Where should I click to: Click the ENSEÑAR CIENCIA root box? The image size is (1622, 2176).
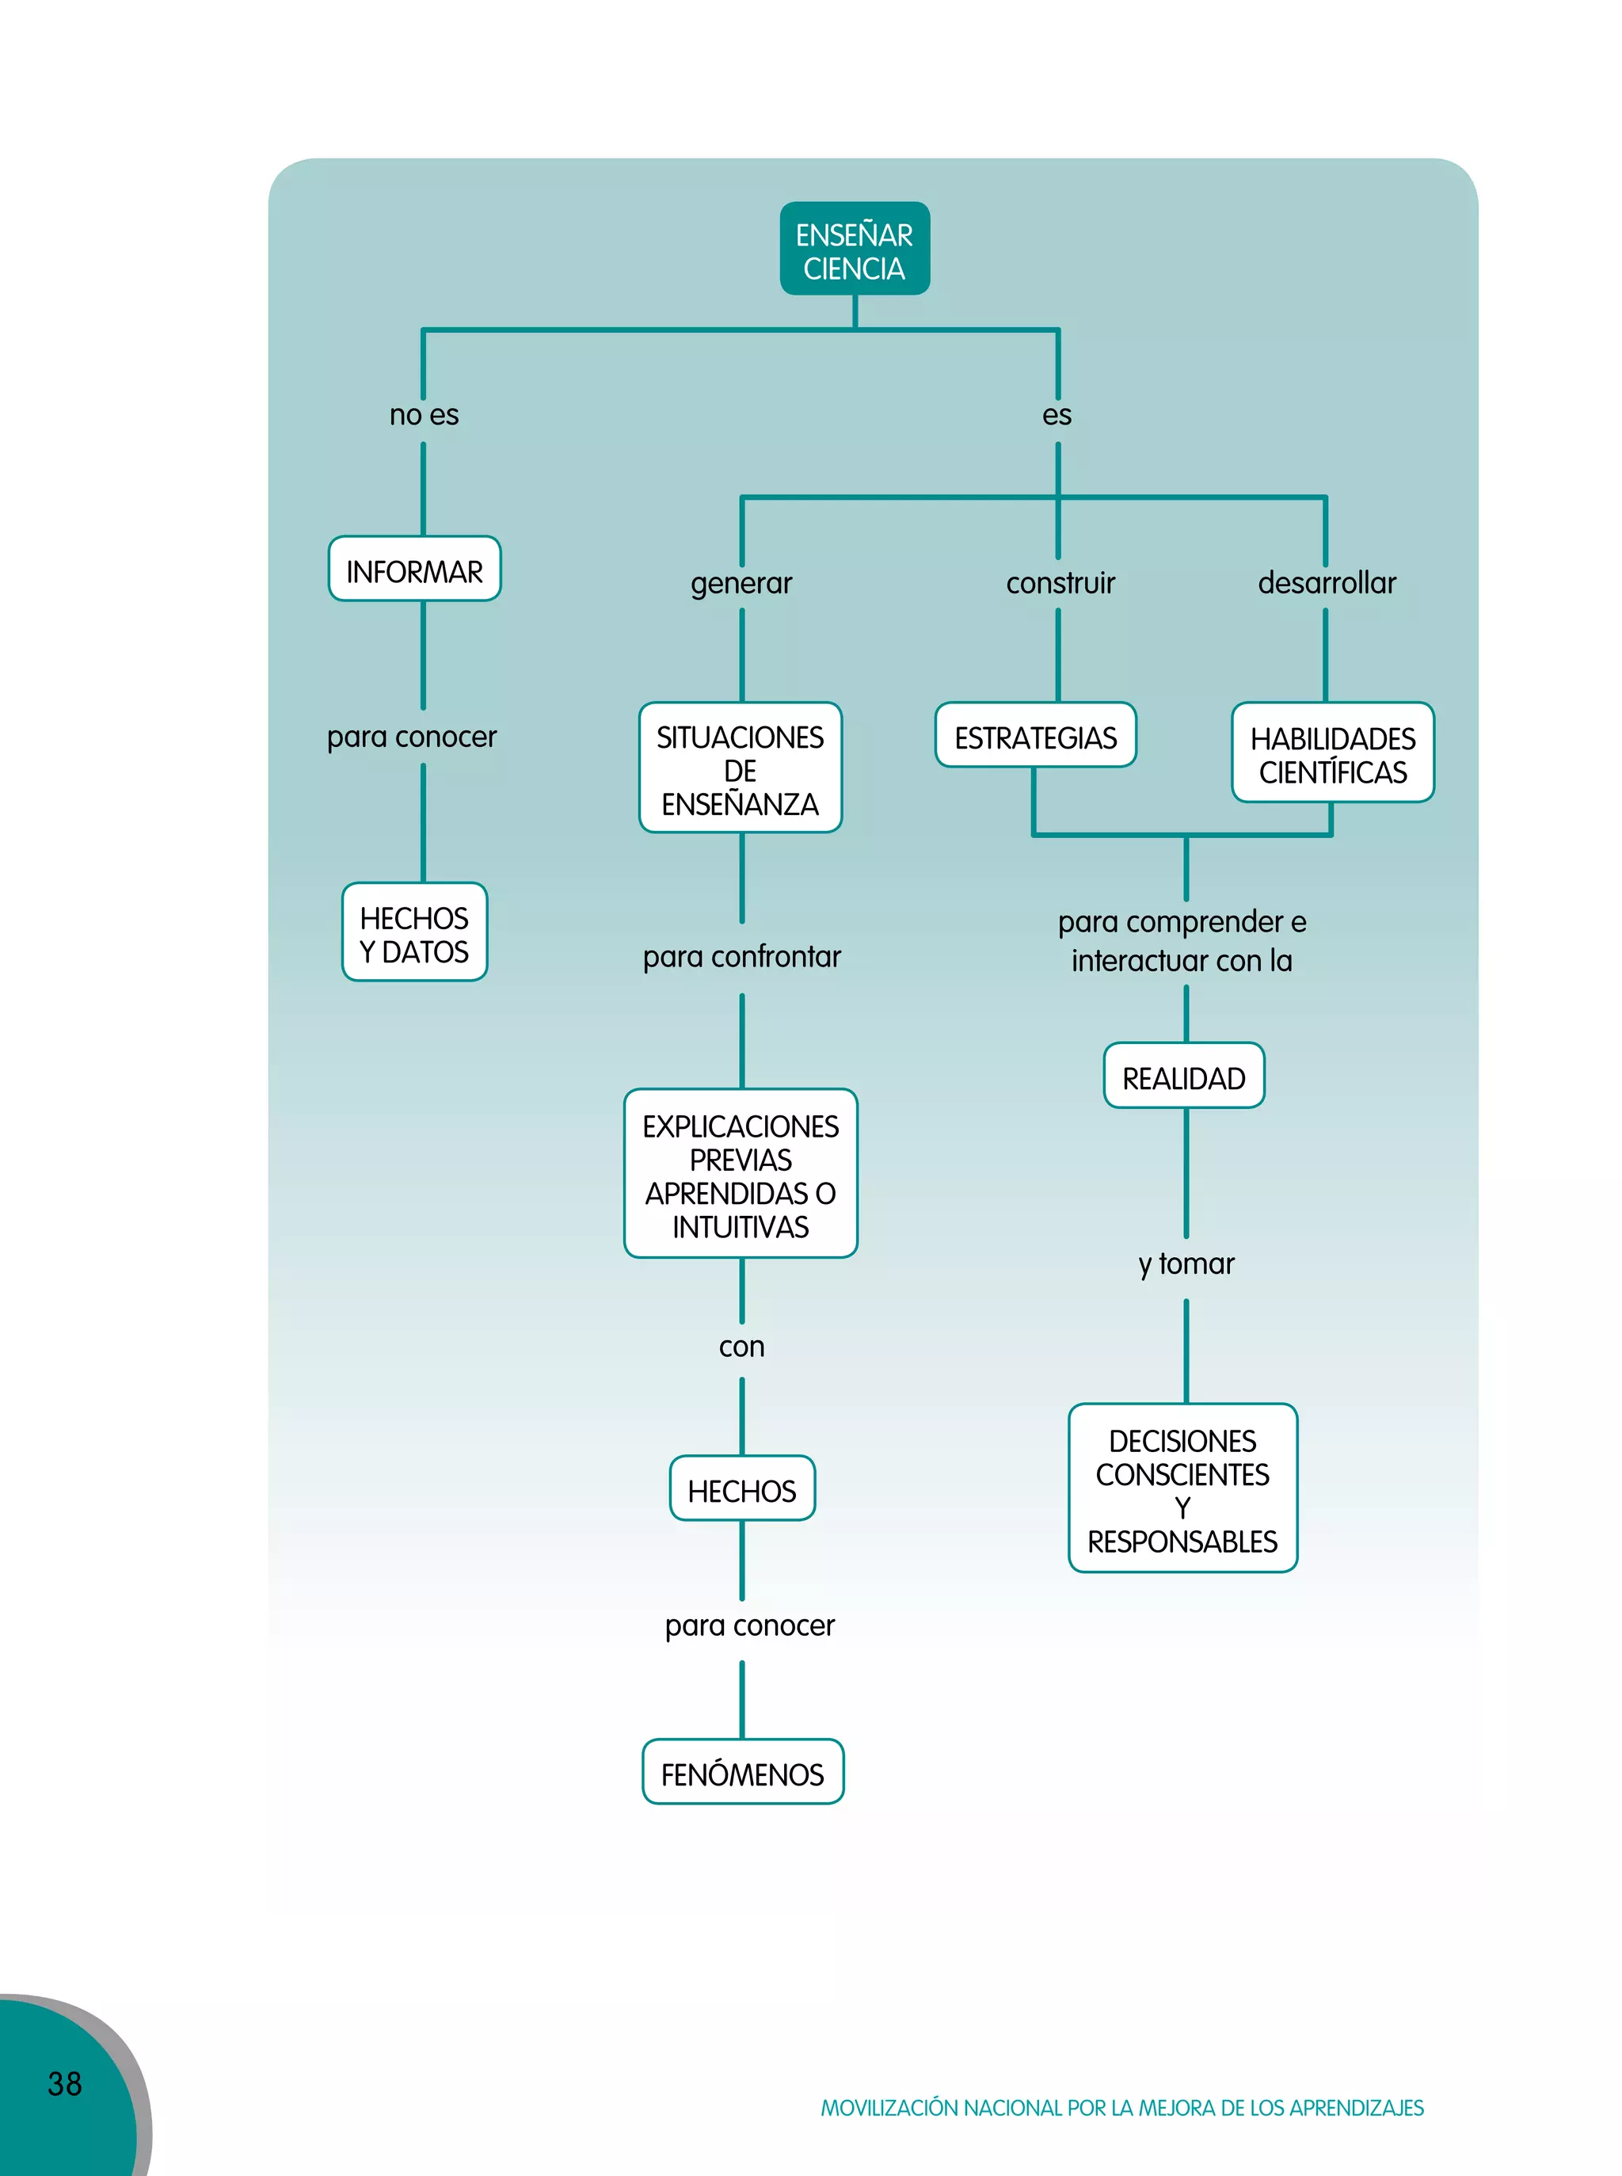coord(855,250)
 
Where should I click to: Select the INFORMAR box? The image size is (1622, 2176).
coord(414,570)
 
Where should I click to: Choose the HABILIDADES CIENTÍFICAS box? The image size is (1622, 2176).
coord(1332,754)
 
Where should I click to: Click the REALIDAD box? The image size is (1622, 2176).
coord(1183,1077)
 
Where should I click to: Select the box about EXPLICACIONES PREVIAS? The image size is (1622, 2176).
coord(741,1175)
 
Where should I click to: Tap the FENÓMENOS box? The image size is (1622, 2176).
coord(742,1774)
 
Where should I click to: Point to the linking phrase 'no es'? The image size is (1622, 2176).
coord(425,415)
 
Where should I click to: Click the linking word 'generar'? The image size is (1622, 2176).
coord(741,583)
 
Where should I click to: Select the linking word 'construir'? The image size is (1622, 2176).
coord(1060,583)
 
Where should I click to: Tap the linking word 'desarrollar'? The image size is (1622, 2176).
coord(1327,583)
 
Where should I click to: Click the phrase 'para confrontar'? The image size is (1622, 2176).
coord(741,956)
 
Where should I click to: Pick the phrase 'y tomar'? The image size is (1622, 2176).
coord(1186,1263)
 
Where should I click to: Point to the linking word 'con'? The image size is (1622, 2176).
coord(741,1347)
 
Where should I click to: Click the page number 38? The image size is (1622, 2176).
coord(65,2083)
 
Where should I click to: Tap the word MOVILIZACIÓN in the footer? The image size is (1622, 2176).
coord(889,2108)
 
